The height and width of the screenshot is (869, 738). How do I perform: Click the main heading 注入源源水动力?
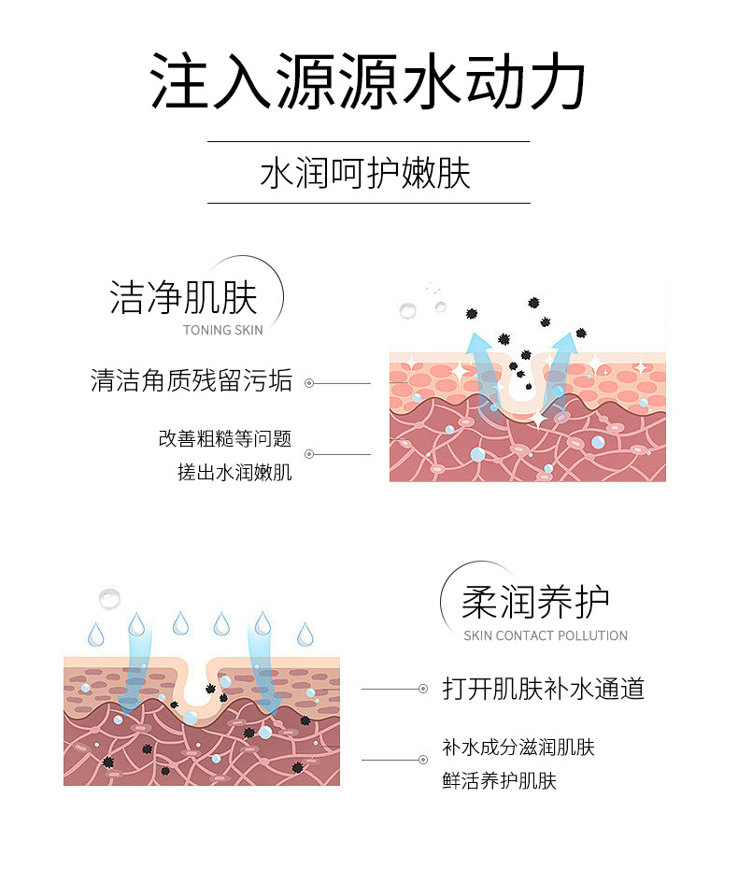[368, 82]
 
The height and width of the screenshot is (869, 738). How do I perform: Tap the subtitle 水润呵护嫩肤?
[368, 173]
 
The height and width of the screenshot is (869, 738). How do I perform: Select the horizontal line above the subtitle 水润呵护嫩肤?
[368, 141]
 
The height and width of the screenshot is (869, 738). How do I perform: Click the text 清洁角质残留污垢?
[192, 381]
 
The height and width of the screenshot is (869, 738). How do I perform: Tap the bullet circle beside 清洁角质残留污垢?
[309, 383]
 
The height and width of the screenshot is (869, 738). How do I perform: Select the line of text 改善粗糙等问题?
[225, 438]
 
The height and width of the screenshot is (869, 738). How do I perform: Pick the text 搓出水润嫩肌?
[234, 472]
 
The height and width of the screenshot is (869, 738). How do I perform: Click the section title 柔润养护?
[535, 603]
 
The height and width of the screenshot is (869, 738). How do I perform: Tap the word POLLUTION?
[592, 635]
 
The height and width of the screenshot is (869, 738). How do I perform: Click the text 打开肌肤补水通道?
[543, 690]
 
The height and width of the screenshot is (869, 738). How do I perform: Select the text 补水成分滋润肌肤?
[518, 747]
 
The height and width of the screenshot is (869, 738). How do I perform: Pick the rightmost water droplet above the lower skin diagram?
[305, 634]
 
